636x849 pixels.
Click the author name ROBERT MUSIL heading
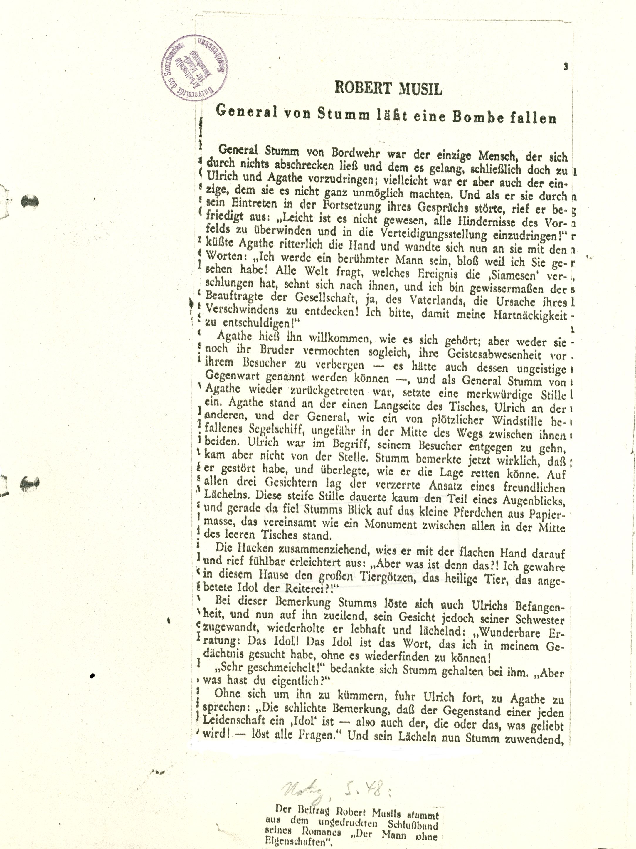[388, 89]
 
